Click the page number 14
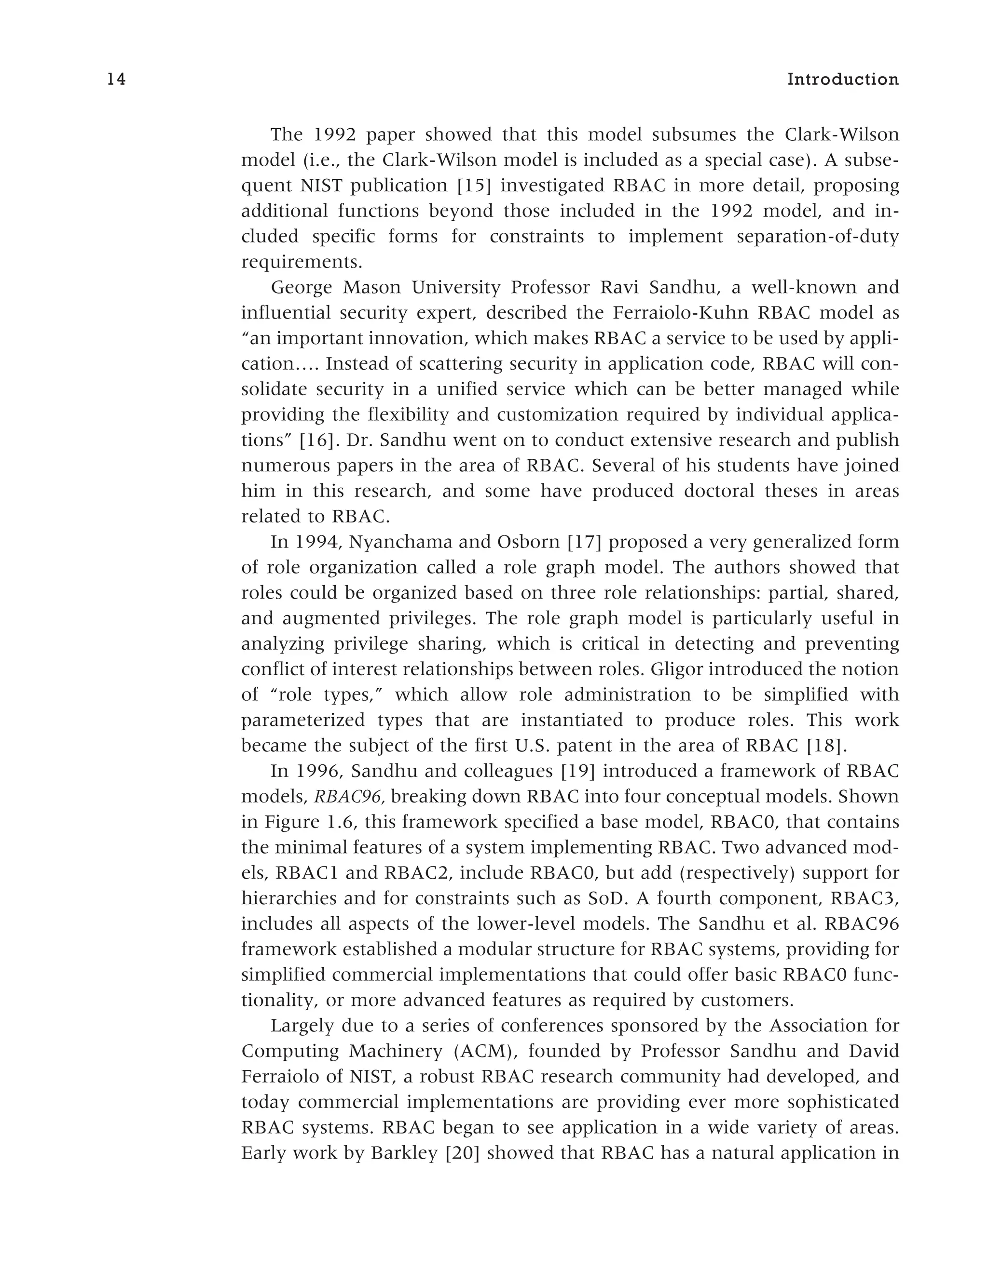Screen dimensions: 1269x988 [116, 80]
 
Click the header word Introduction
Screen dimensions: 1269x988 [843, 80]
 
